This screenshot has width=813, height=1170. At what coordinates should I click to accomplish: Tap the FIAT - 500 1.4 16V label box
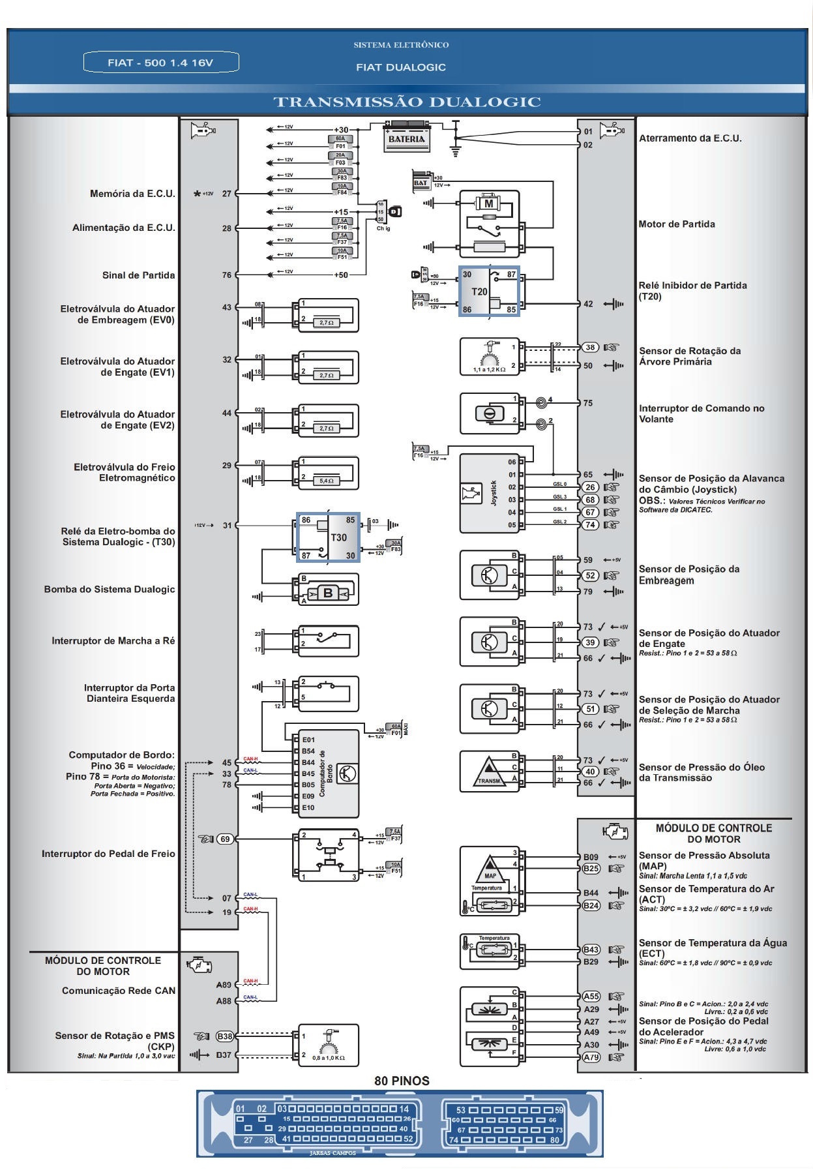161,63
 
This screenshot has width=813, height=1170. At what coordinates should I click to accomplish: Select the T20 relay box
490,291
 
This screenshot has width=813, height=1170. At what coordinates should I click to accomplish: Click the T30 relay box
327,537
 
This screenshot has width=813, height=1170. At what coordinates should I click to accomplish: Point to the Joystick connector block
490,493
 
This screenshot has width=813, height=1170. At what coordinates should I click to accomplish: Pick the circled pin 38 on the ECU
589,348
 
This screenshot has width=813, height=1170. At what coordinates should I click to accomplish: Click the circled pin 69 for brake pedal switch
225,839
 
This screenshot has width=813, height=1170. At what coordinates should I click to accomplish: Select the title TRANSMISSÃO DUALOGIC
407,102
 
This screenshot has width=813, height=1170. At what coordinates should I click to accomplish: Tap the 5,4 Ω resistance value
327,481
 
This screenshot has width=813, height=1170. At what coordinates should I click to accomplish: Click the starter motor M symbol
488,204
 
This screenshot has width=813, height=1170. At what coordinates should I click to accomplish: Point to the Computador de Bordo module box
328,773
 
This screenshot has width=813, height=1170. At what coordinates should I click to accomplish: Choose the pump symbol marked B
328,593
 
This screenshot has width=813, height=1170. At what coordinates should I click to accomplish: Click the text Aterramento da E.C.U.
690,138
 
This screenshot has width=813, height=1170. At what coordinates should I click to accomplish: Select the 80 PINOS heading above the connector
402,1081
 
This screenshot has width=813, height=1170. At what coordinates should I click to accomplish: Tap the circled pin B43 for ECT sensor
591,950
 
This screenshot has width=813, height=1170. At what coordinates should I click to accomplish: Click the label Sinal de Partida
138,275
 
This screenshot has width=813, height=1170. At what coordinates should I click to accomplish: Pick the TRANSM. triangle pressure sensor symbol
489,772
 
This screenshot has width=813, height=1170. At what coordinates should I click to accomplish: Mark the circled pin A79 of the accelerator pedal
591,1057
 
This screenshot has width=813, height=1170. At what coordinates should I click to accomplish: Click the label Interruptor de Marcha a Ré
113,640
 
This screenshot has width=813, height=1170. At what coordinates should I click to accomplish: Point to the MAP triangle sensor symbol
490,869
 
